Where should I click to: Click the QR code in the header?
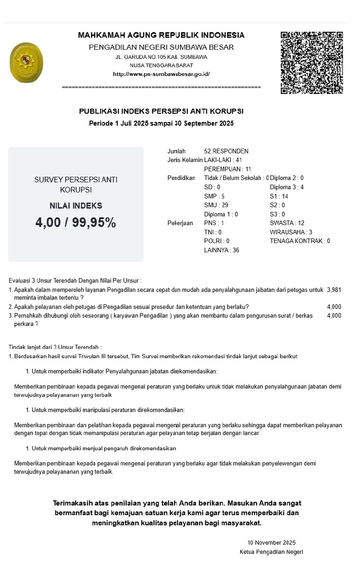312,63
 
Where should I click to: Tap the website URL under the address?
161,74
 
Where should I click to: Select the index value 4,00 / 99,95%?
75,222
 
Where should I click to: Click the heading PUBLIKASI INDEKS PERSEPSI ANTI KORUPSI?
161,111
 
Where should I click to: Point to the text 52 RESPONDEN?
226,151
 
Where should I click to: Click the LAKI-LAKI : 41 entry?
223,160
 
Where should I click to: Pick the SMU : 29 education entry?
216,205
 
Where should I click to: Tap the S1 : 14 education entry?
279,196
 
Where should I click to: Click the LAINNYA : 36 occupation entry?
221,250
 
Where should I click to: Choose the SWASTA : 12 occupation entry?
287,223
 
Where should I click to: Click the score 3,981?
334,290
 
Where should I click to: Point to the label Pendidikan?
181,178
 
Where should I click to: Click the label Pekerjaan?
180,223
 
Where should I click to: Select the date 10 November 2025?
271,542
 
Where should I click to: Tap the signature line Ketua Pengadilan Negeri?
271,552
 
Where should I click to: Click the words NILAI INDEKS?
75,206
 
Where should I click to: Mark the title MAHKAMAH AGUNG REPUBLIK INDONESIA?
161,35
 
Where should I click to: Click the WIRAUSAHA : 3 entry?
291,232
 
